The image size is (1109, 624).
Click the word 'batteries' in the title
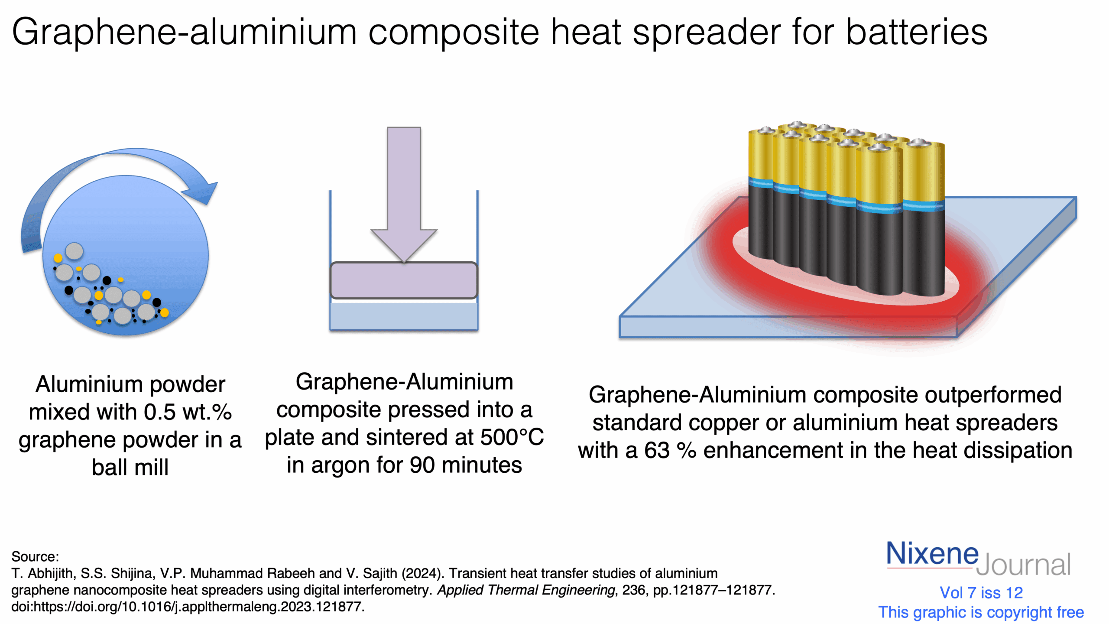(x=916, y=32)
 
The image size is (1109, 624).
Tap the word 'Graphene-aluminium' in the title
(x=184, y=33)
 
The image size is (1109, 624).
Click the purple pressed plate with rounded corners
(x=404, y=280)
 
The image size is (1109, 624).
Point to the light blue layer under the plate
(x=404, y=316)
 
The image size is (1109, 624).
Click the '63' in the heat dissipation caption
(x=657, y=451)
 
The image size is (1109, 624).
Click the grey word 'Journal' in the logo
(x=1023, y=565)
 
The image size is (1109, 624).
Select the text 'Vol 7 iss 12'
(x=981, y=593)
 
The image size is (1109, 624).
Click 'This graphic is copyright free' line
(x=981, y=612)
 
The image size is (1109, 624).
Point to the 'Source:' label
(x=35, y=556)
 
